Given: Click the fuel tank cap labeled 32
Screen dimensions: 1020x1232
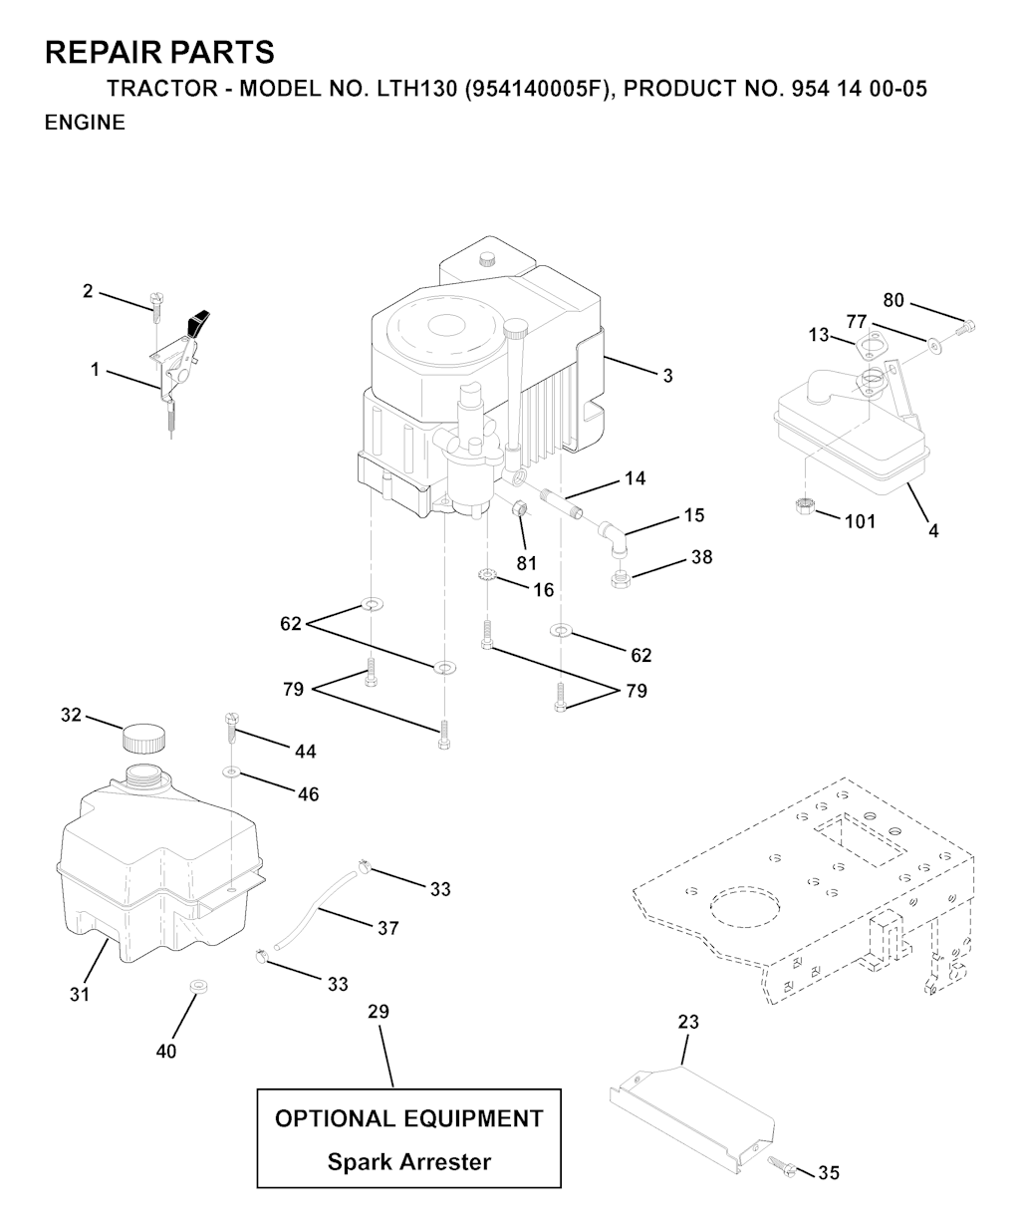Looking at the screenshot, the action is point(143,739).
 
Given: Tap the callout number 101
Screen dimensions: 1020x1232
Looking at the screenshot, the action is point(861,521).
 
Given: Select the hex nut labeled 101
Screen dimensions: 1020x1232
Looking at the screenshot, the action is point(804,506).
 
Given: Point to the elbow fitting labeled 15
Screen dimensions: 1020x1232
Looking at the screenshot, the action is point(613,537).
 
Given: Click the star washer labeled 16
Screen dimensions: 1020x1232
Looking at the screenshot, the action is point(488,573).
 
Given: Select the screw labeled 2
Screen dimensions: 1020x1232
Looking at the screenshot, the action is point(156,306).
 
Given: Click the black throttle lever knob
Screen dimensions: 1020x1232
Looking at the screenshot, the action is point(198,322).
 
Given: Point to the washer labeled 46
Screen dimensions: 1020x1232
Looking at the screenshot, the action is point(231,771).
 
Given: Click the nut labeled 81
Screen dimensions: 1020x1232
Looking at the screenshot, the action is point(519,507).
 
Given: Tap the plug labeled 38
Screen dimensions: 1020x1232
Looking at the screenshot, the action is point(621,579).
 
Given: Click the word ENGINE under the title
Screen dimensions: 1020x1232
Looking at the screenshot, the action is point(85,123).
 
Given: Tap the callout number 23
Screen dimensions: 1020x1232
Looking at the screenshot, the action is point(688,1022).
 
